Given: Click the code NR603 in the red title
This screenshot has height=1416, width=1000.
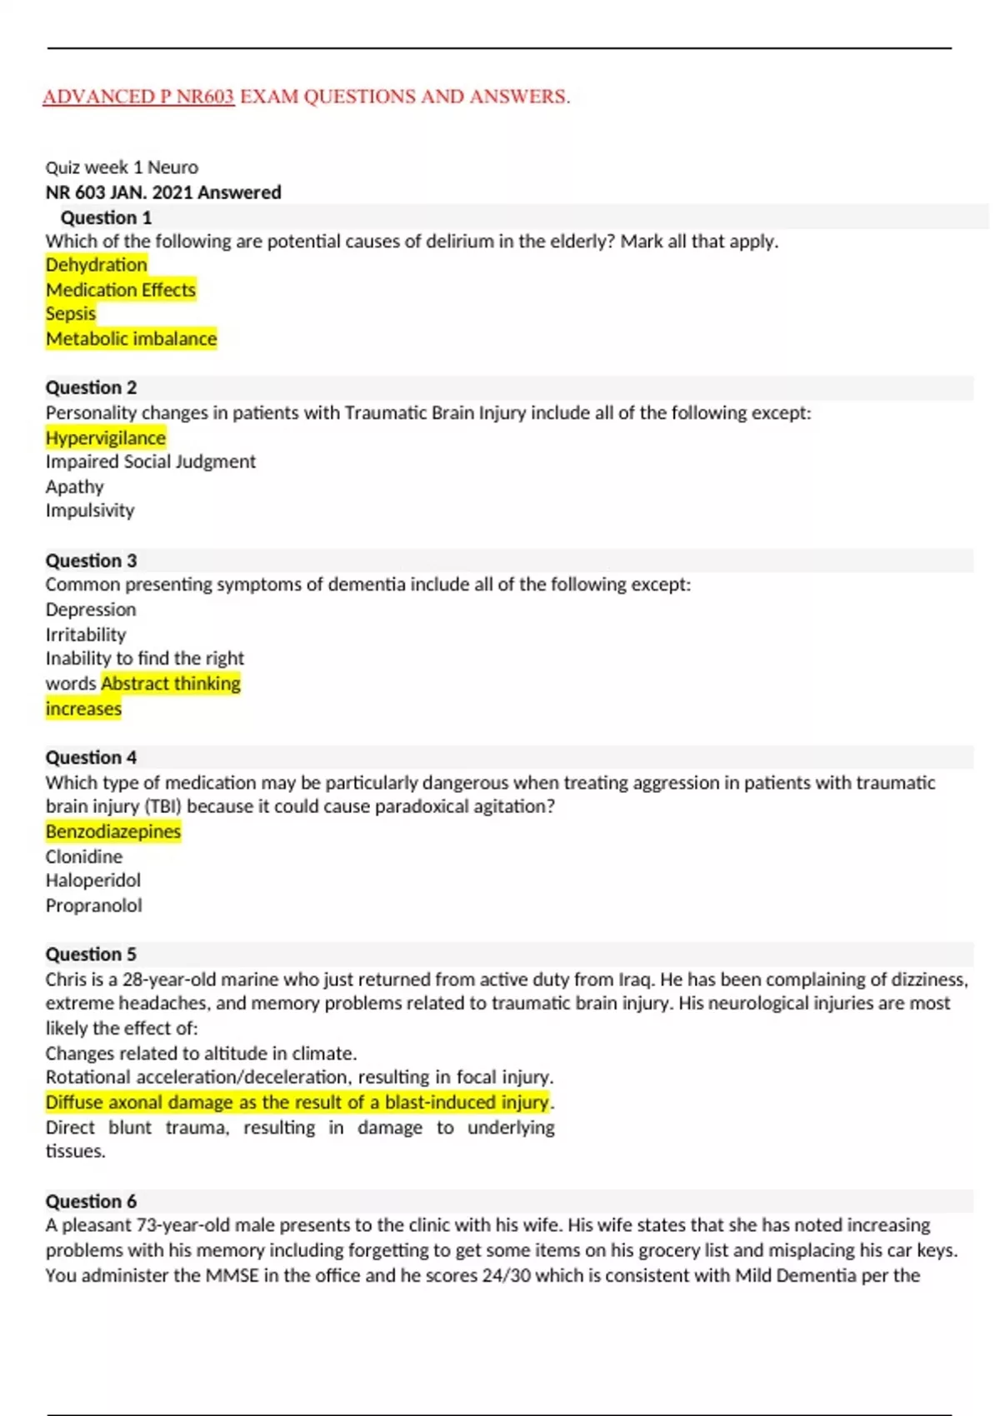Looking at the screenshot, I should [205, 97].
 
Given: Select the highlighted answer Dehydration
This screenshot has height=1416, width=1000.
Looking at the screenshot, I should [96, 265].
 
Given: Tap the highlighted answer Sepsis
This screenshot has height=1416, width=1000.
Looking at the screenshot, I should [71, 314].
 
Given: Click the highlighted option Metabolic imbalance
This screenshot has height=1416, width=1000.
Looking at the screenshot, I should [131, 339].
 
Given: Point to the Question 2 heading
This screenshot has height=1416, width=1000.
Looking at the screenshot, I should [91, 387].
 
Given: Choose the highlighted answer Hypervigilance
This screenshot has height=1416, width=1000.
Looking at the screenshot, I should [106, 438].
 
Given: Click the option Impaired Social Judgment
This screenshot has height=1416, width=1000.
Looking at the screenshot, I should [151, 461].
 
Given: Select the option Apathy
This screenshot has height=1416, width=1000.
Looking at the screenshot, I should [75, 486].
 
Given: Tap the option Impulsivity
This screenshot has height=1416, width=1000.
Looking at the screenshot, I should [90, 511].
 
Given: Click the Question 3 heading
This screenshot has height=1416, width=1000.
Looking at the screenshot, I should [91, 561].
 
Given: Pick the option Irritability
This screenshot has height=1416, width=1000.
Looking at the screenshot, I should [86, 635].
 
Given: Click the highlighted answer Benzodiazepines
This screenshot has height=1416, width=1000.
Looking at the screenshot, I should [113, 831].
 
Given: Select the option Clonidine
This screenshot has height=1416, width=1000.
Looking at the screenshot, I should [84, 856].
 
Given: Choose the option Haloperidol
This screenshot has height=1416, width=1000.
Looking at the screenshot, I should [93, 880].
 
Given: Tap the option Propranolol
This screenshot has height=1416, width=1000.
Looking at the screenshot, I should [93, 905].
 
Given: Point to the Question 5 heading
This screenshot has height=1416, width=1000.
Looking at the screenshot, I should [91, 954].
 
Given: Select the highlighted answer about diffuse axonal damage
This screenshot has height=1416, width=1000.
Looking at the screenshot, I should [297, 1102].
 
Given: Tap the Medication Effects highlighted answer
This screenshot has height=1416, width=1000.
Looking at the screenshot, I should [121, 290].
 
